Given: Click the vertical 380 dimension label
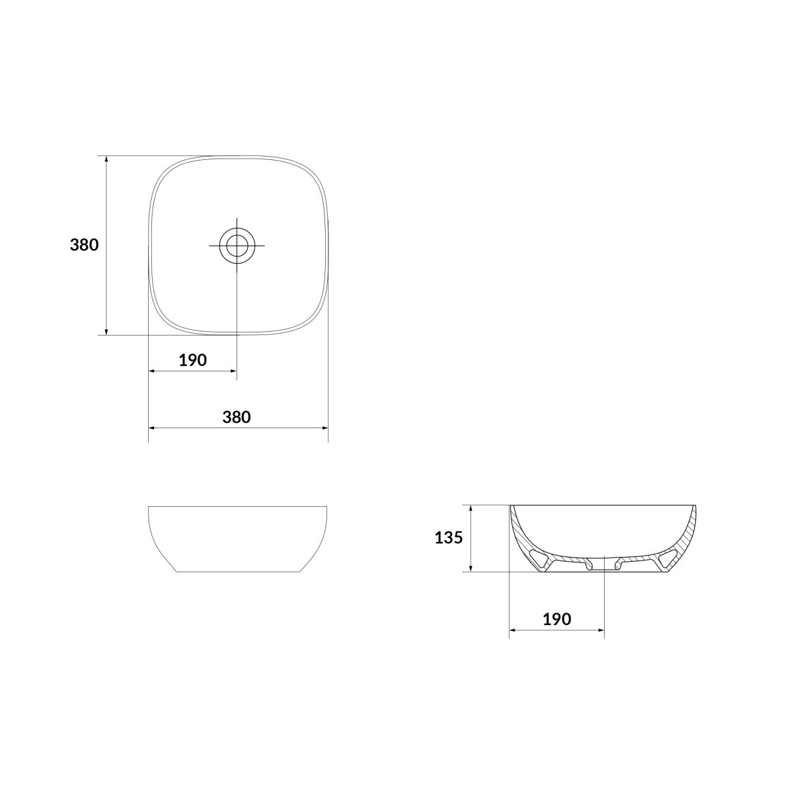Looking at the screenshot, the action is tap(85, 245).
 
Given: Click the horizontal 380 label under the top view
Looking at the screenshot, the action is tap(237, 417).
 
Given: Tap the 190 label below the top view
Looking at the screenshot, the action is tap(192, 361).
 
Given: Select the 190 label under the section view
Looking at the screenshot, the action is tap(557, 630).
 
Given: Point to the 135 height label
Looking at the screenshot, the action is tap(449, 537).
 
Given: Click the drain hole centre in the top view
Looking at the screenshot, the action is tap(237, 246).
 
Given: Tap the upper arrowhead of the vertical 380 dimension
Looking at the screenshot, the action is tap(106, 159).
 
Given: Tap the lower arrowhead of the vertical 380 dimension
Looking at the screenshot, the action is tap(106, 332).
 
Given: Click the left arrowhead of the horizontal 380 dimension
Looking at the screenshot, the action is tap(151, 428).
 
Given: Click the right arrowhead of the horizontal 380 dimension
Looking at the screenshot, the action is tap(324, 428).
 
